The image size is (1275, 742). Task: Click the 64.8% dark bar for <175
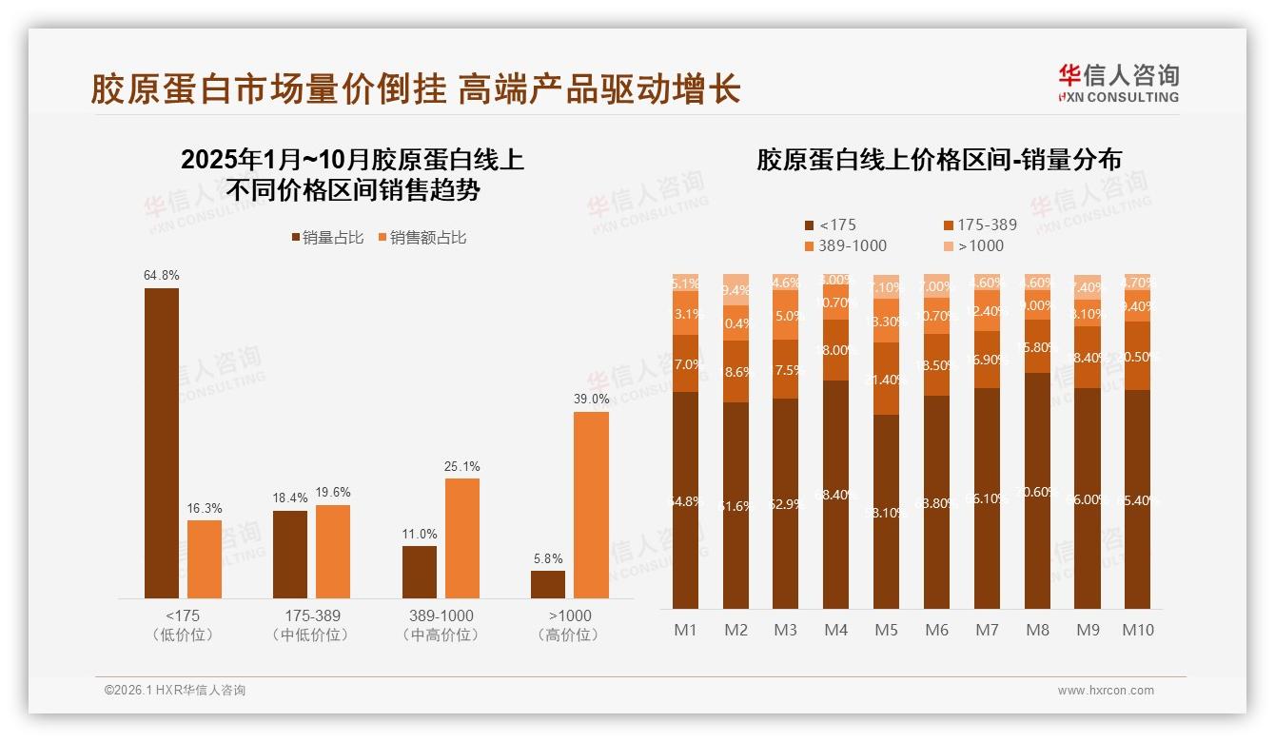tap(162, 442)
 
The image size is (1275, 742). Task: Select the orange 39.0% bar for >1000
tap(591, 504)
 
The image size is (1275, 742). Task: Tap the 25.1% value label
tap(462, 466)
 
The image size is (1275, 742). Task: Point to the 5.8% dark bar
tap(548, 584)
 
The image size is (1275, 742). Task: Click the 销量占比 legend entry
tap(326, 238)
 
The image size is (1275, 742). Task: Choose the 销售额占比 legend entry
tap(422, 238)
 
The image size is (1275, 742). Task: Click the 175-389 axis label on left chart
tap(312, 615)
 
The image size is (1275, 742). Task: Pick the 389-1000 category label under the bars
tap(441, 615)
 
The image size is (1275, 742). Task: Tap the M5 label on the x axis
tap(886, 630)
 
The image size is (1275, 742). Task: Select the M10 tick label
tap(1137, 630)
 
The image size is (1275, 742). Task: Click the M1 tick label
tap(685, 630)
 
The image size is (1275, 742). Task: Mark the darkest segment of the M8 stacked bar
tap(1037, 490)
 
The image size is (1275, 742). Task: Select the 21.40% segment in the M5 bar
tap(886, 379)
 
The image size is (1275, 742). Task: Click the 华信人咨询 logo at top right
tap(1118, 83)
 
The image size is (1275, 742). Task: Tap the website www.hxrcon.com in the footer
tap(1105, 691)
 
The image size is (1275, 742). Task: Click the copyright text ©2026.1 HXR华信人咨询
tap(175, 691)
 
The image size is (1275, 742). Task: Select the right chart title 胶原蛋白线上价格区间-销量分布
tap(938, 160)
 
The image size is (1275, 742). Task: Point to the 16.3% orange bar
tap(205, 558)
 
